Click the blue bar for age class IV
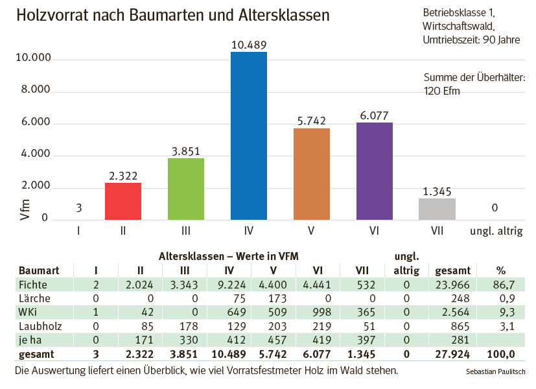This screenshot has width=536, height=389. [x=248, y=136]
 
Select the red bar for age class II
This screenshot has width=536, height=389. [x=122, y=202]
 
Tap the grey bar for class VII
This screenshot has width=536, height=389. [x=437, y=209]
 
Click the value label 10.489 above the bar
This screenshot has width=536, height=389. [x=248, y=45]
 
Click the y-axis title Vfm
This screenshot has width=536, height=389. [x=25, y=209]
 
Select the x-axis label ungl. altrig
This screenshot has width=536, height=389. [x=496, y=230]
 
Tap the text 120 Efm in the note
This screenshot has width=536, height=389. [x=441, y=91]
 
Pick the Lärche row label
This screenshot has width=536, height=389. [x=34, y=298]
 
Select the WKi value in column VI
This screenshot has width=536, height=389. [x=318, y=312]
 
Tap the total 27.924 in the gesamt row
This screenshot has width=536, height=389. [x=452, y=354]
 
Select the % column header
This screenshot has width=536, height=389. [x=500, y=270]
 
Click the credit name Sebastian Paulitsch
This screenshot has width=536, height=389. [x=495, y=372]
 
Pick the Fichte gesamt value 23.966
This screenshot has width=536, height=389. [x=452, y=284]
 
